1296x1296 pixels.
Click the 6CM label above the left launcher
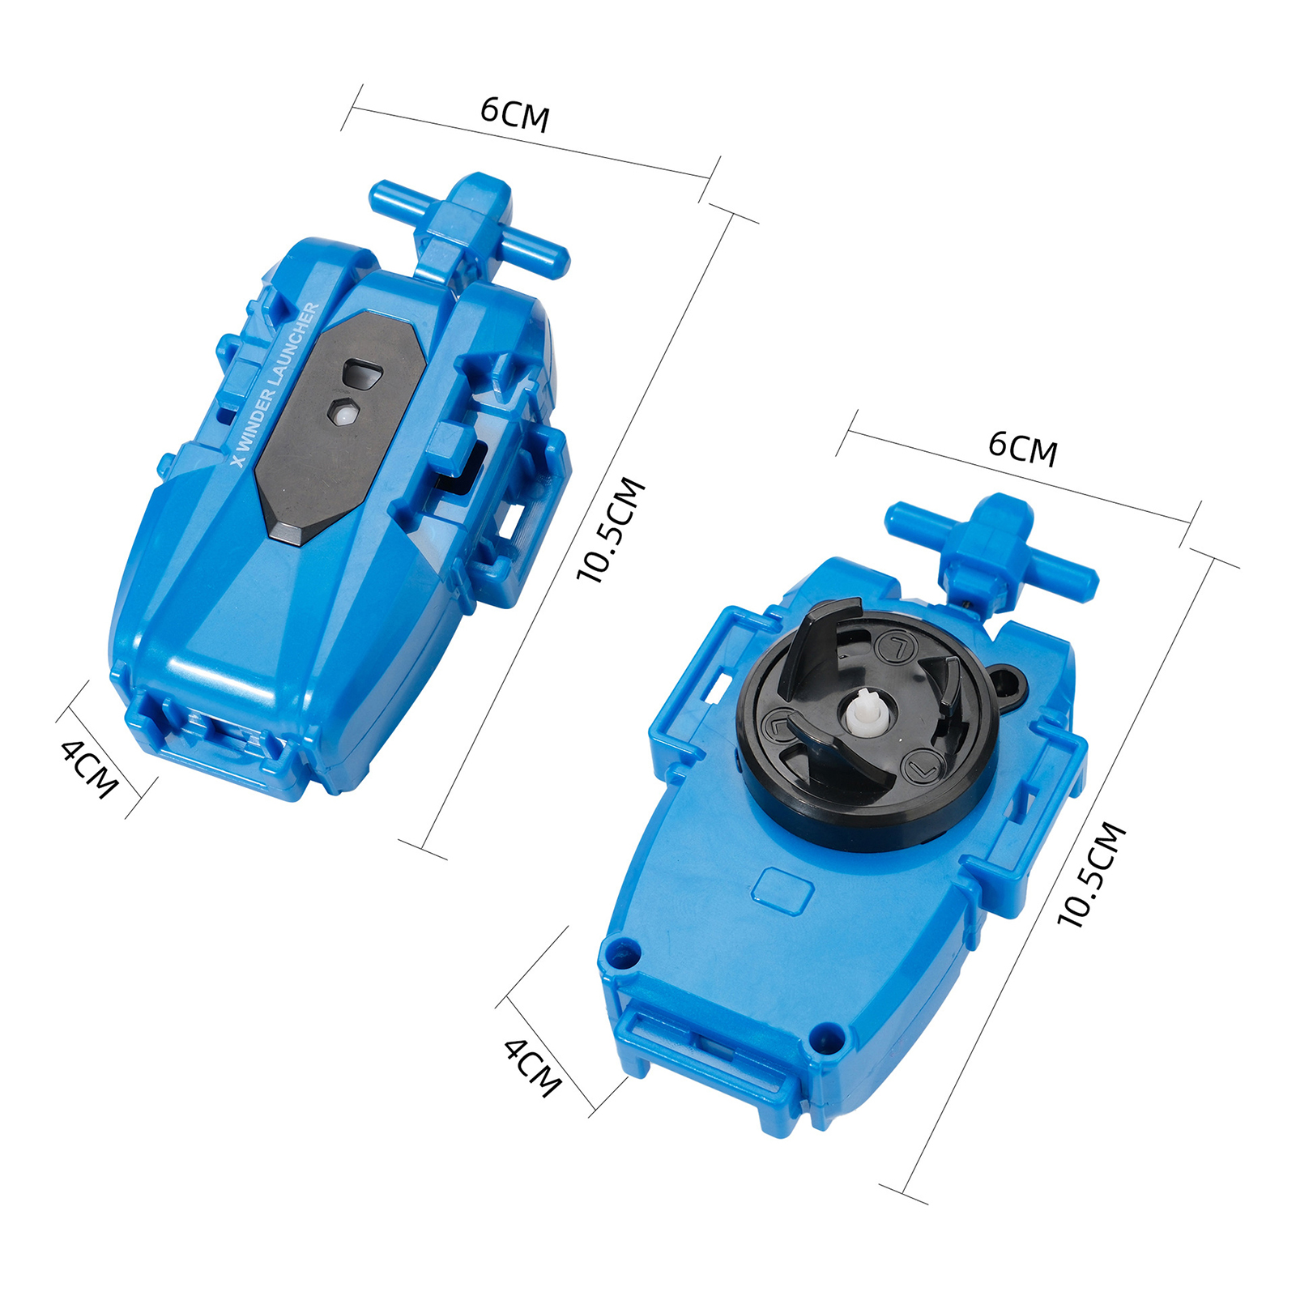515,114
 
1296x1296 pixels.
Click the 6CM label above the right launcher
1023,449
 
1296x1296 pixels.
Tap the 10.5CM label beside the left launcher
612,530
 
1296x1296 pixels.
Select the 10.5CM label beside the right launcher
1092,874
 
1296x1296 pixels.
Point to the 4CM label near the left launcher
90,769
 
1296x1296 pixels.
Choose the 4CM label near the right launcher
532,1068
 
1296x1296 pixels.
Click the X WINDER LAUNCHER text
275,385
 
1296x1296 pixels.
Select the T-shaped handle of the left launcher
471,223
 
